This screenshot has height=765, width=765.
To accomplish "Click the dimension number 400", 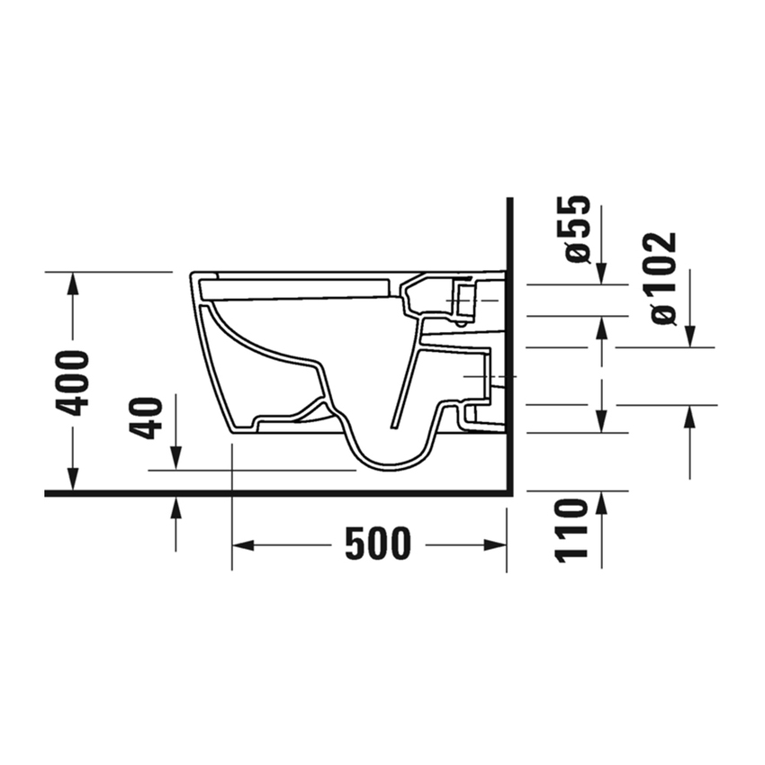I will (x=73, y=382).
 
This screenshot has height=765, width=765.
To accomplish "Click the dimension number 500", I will (x=378, y=544).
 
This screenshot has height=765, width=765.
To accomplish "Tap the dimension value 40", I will (x=147, y=418).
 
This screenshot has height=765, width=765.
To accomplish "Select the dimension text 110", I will (x=572, y=531).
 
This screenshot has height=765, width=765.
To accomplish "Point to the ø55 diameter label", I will (x=578, y=229).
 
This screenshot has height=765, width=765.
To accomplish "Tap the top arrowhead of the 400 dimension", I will (x=73, y=282).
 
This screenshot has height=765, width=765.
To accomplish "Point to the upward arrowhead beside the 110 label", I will (x=601, y=503).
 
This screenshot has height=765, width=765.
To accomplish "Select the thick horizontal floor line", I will (x=270, y=493).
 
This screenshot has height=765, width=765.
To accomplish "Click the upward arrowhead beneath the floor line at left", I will (x=175, y=508).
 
